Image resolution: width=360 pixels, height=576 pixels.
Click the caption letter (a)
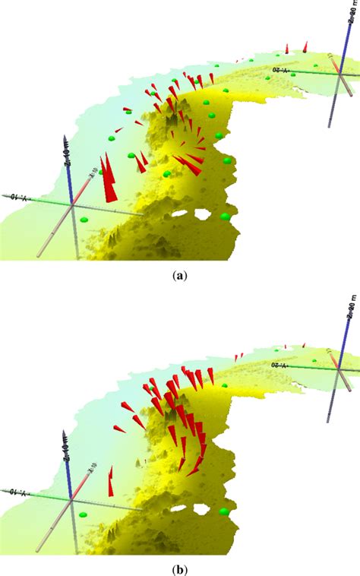(181, 278)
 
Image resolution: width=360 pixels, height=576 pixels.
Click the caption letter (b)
(181, 567)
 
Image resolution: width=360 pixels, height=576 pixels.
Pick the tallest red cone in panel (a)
(109, 179)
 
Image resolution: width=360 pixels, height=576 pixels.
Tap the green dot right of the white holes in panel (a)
(225, 217)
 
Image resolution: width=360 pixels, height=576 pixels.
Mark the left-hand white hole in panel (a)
(179, 214)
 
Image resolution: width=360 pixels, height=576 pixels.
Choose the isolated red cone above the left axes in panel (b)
(111, 483)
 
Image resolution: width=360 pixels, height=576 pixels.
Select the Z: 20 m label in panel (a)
(355, 15)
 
